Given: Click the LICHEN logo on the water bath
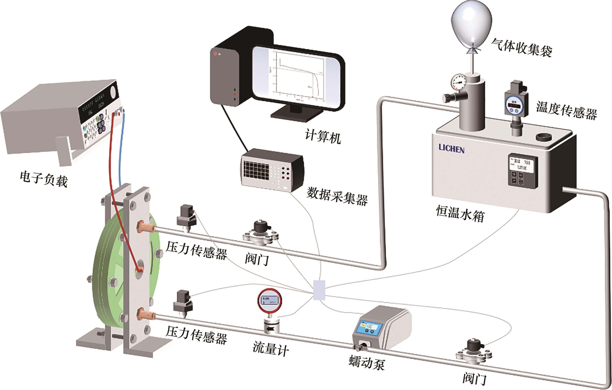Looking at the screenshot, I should [451, 149].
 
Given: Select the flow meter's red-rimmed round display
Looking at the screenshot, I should [270, 301].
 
